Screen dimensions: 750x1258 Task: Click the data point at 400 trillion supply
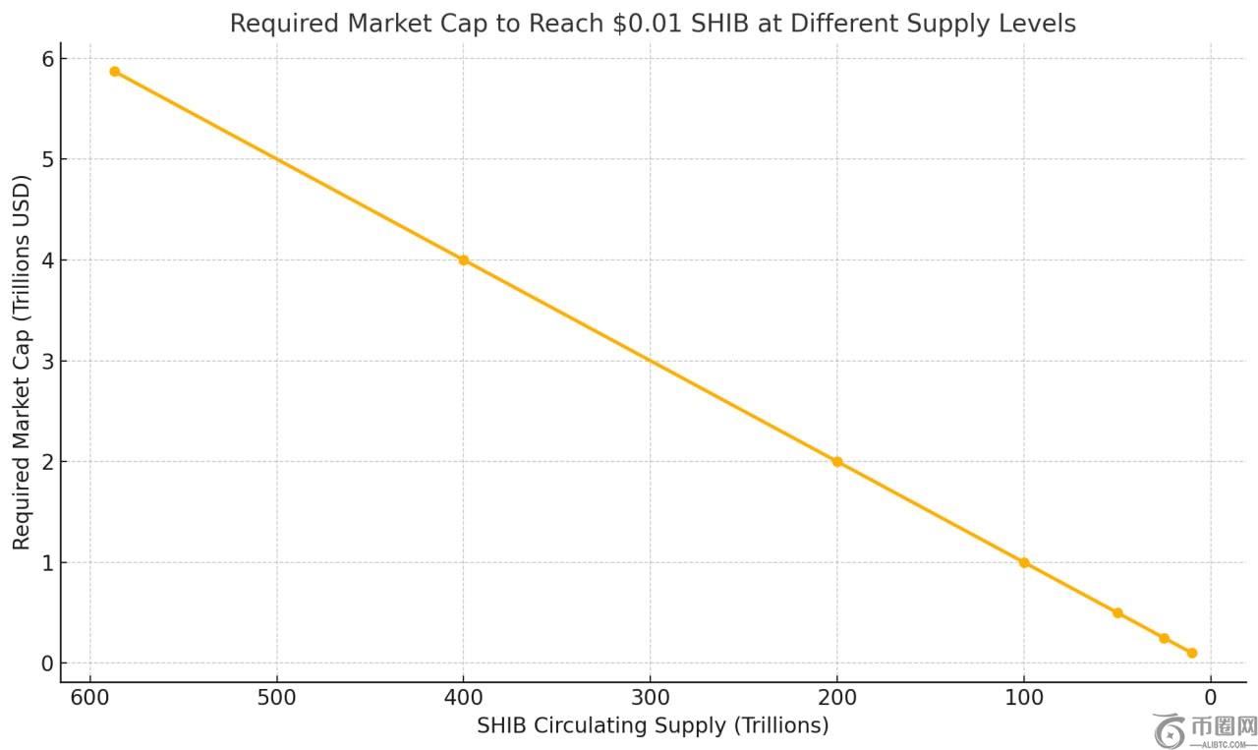pos(463,260)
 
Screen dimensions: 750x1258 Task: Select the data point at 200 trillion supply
pos(837,462)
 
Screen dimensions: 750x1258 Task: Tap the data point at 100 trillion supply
pos(1024,562)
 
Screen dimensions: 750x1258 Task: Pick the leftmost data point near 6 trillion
pos(115,72)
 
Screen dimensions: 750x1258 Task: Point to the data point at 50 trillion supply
pos(1117,612)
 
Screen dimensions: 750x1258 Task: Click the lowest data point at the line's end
pos(1192,653)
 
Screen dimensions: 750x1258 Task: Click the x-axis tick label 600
pos(89,698)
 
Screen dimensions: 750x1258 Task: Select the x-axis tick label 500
pos(276,698)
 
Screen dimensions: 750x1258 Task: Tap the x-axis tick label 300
pos(650,698)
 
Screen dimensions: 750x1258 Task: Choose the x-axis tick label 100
pos(1024,698)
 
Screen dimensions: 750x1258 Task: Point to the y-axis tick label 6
pos(45,59)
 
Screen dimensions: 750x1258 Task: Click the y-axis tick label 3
pos(45,362)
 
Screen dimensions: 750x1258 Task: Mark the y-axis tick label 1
pos(45,563)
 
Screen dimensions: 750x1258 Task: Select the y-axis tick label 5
pos(45,160)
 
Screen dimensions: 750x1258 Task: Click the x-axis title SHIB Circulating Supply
pos(653,725)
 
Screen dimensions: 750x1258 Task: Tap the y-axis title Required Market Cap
pos(22,362)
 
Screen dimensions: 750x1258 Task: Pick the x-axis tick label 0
pos(1211,698)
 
